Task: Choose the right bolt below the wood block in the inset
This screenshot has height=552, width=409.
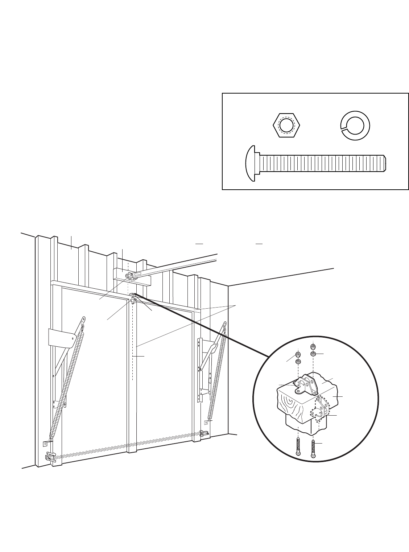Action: pos(313,449)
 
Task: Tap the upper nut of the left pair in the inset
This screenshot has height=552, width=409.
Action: pos(298,354)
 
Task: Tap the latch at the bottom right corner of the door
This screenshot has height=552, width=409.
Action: pos(204,433)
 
